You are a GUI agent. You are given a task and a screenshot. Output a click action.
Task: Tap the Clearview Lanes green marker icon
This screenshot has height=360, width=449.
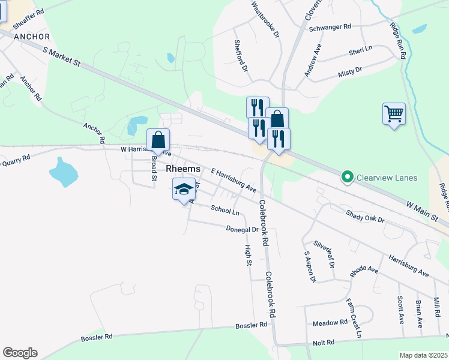coord(346,177)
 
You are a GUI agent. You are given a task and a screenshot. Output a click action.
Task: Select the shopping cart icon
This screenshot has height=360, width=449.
coord(394,113)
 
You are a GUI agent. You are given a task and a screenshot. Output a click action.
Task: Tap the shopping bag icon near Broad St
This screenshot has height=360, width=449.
coord(158,140)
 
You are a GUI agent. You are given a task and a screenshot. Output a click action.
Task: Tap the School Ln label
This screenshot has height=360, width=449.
coord(225,210)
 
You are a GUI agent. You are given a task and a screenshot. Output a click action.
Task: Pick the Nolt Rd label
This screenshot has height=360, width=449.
coord(323,343)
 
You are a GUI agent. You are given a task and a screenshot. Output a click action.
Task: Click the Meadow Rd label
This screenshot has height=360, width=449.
coord(330,323)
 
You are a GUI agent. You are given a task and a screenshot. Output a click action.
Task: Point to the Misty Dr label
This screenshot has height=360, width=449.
coord(350,71)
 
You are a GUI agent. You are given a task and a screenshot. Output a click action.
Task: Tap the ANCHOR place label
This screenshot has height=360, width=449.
coord(31,37)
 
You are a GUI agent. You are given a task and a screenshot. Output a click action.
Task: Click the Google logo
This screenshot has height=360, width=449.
coord(20,353)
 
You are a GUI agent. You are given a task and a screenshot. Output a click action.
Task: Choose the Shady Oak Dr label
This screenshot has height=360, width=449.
coord(364,215)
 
